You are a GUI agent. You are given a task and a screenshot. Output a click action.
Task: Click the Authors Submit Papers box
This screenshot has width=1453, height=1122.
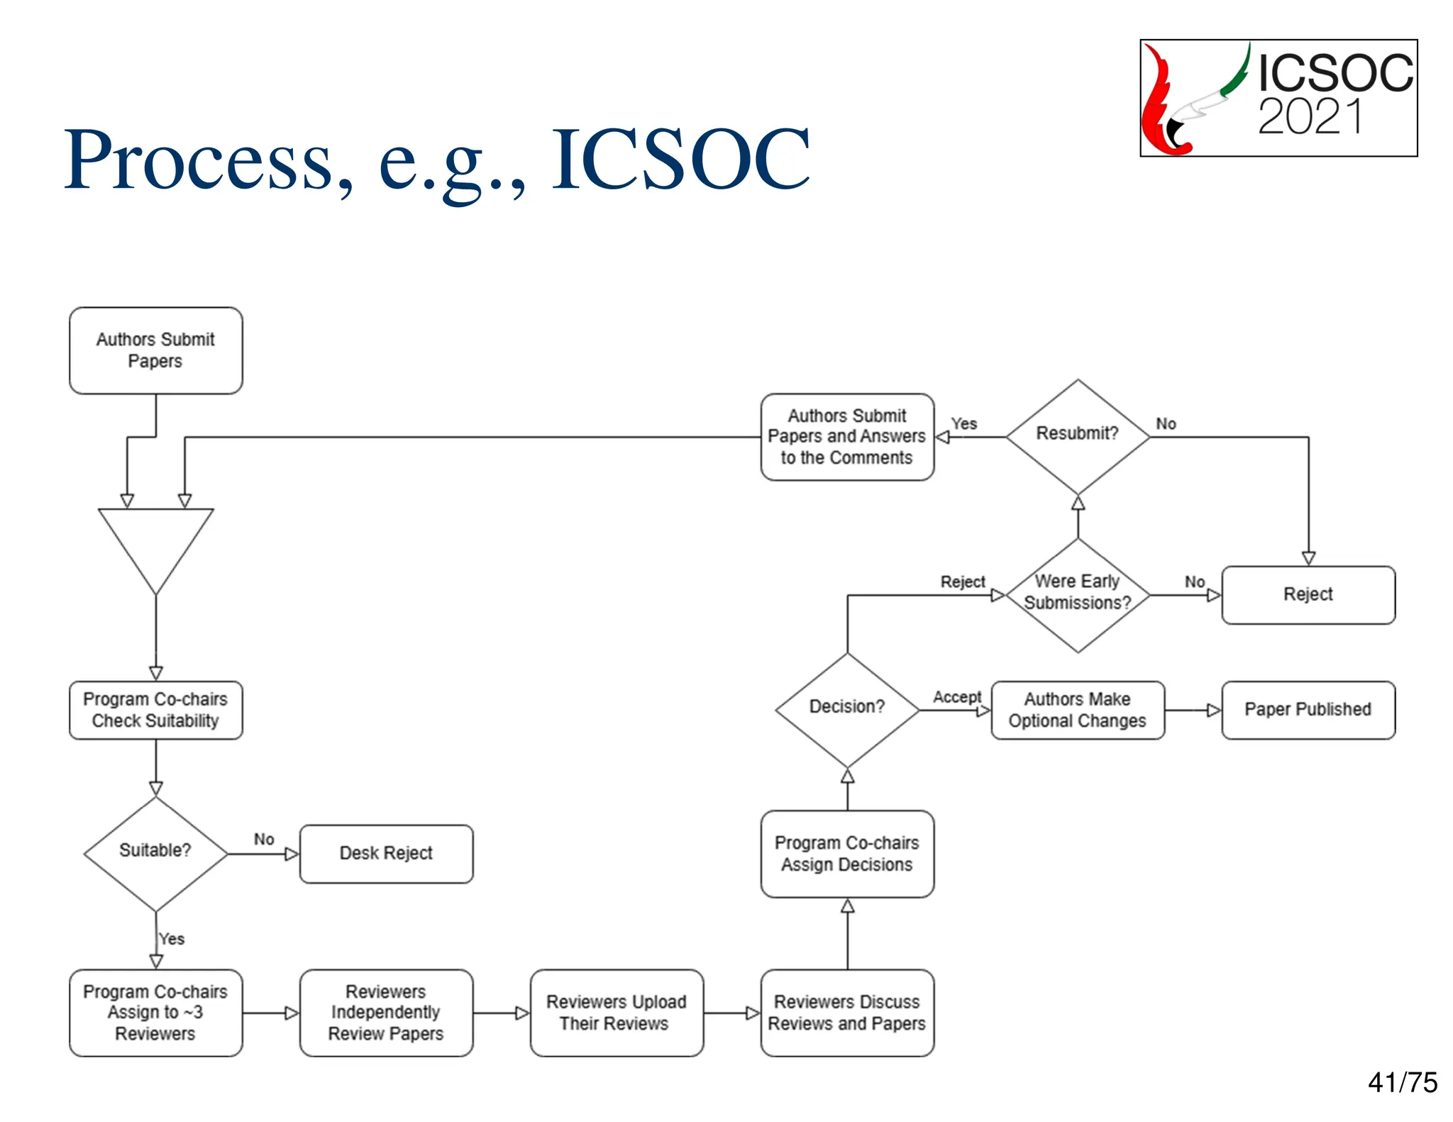tap(155, 350)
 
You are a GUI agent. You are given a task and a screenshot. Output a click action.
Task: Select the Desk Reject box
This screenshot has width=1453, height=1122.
tap(386, 853)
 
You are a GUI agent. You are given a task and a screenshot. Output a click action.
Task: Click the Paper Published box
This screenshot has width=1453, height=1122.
tap(1308, 710)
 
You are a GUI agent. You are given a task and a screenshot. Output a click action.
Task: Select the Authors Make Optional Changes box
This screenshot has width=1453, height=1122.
tap(1077, 710)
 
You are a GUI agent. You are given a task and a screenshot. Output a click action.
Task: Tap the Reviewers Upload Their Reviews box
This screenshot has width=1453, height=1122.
tap(616, 1012)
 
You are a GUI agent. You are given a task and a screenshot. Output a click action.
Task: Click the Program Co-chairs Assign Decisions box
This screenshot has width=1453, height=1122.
tap(847, 854)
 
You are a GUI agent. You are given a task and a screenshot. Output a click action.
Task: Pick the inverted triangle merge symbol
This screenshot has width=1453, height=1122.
tap(155, 543)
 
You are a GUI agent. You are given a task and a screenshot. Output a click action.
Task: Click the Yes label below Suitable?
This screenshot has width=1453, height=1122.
tap(172, 939)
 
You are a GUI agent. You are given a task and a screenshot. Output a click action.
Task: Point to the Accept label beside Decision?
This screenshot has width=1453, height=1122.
tap(956, 697)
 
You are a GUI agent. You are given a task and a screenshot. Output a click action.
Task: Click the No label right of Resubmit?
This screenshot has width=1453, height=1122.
tap(1166, 424)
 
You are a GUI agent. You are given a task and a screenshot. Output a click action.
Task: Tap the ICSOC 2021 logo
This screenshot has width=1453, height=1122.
tap(1278, 98)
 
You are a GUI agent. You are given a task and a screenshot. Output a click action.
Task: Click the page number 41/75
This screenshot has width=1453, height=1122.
tap(1402, 1083)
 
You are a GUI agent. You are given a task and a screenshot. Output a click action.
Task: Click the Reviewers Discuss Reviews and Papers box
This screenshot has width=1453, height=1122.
tap(847, 1012)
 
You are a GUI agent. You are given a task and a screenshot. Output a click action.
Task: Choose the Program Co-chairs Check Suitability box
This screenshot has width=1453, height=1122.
tap(155, 710)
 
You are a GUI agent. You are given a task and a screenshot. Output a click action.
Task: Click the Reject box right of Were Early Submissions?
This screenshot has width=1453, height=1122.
tap(1308, 594)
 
